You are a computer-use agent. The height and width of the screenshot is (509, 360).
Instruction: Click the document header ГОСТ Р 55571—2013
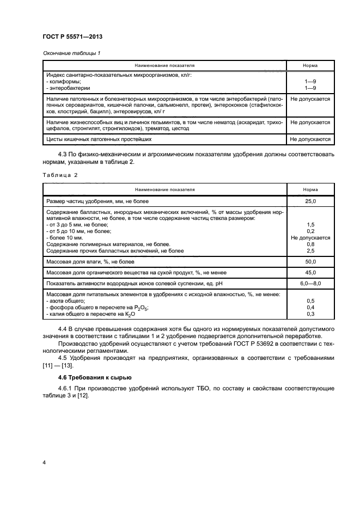pyautogui.click(x=72, y=36)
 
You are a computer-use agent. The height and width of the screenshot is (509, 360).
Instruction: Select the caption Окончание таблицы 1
pyautogui.click(x=71, y=53)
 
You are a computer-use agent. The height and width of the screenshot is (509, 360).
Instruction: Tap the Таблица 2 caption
pyautogui.click(x=60, y=174)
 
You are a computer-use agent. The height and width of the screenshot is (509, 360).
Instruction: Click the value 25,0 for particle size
pyautogui.click(x=310, y=201)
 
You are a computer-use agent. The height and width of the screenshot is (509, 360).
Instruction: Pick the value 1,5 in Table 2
pyautogui.click(x=310, y=224)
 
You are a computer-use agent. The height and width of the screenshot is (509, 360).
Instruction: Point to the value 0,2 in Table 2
pyautogui.click(x=310, y=231)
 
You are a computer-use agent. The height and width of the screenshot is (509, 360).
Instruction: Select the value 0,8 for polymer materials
pyautogui.click(x=310, y=244)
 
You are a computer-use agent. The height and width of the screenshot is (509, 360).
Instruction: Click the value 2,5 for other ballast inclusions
pyautogui.click(x=310, y=250)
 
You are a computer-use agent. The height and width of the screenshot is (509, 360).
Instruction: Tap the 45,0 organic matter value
pyautogui.click(x=310, y=273)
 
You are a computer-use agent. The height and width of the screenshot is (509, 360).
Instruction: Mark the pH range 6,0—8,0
pyautogui.click(x=310, y=284)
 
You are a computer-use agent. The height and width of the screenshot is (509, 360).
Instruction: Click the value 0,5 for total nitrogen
pyautogui.click(x=310, y=301)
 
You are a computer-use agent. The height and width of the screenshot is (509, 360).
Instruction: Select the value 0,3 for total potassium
pyautogui.click(x=310, y=314)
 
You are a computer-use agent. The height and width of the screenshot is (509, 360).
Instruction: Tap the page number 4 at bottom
pyautogui.click(x=43, y=463)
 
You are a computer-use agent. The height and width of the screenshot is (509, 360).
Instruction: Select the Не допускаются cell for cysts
pyautogui.click(x=310, y=139)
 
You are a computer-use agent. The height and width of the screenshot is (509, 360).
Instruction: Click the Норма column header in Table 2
pyautogui.click(x=310, y=189)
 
